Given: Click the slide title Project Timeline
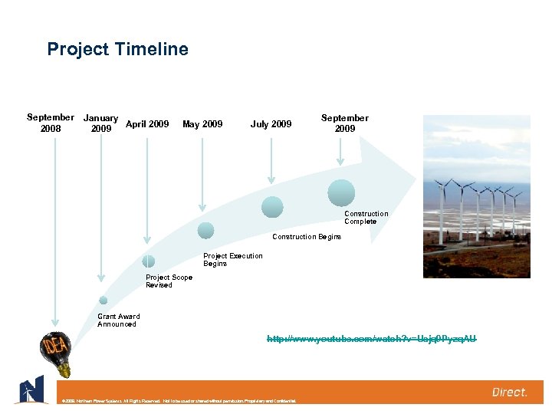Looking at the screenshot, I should tap(117, 50).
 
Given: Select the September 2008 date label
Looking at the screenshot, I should tap(51, 123).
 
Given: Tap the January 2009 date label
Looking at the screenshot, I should tap(100, 123).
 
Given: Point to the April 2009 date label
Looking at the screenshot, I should tap(147, 123).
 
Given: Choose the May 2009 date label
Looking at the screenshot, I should tap(202, 123).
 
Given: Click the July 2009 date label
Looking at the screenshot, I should tap(271, 123).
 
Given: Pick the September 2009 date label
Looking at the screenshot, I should tap(344, 123).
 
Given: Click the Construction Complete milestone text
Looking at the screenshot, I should tap(366, 218).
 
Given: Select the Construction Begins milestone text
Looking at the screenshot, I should tap(307, 237).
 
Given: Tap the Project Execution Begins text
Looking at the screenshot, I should tap(232, 260).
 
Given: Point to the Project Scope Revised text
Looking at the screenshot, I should tap(169, 281).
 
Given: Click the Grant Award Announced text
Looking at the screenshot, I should tap(118, 320).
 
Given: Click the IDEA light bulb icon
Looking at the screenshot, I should tap(55, 353).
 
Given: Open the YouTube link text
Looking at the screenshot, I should tap(371, 338).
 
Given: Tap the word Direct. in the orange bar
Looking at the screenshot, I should tap(509, 393).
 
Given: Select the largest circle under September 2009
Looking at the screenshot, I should tap(341, 192).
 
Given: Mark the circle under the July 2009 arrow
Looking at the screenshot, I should tap(272, 207).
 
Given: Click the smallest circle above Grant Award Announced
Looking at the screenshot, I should tap(103, 301).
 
